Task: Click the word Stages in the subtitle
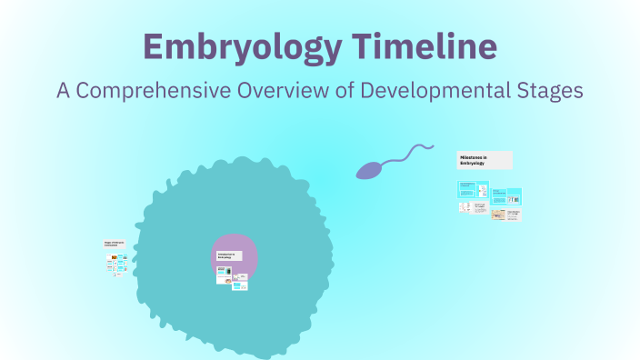[x=550, y=92]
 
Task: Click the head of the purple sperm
[x=369, y=170]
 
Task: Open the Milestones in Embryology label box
[x=485, y=160]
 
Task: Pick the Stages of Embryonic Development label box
[x=115, y=244]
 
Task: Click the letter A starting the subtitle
[x=63, y=92]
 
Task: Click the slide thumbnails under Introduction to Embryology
[x=232, y=277]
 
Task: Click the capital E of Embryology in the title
[x=154, y=47]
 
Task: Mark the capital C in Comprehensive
[x=86, y=92]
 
